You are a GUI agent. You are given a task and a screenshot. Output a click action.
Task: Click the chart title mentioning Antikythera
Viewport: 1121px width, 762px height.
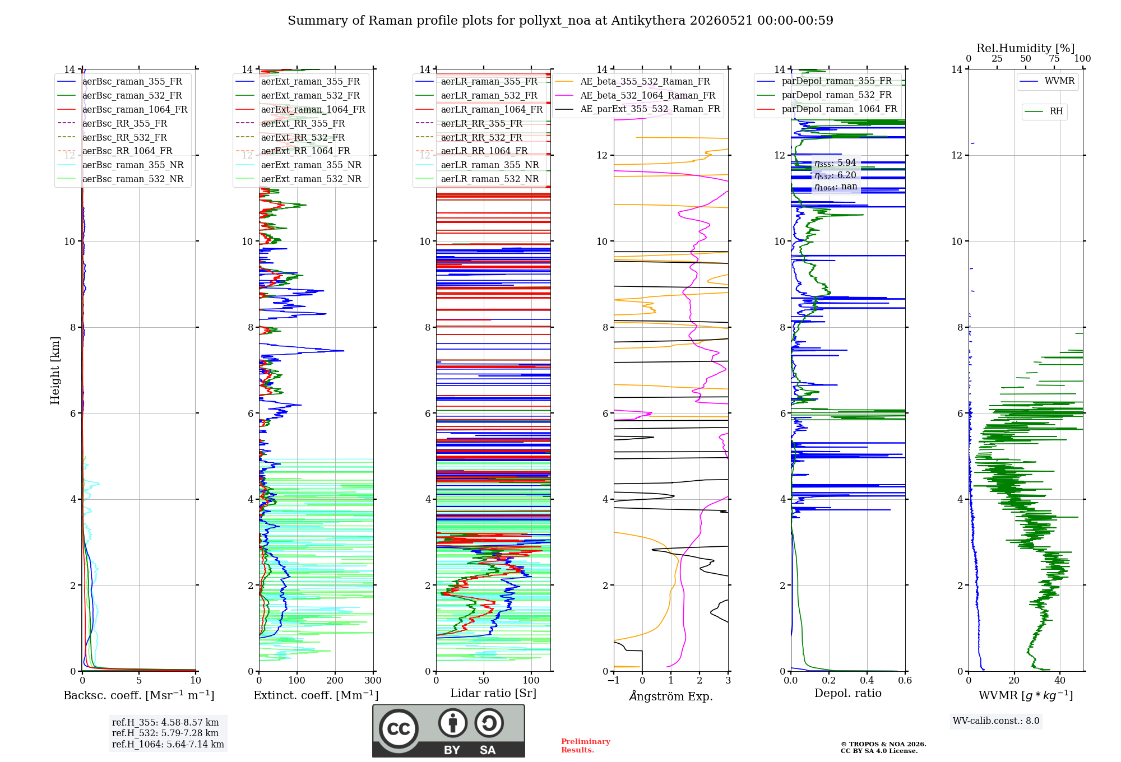coord(560,21)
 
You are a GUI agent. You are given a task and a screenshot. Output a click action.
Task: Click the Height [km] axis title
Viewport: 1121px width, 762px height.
coord(55,370)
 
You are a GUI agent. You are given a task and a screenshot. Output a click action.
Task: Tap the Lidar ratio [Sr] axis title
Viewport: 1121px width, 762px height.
coord(493,693)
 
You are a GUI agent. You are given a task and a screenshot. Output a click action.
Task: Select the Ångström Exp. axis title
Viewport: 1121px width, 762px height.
coord(671,696)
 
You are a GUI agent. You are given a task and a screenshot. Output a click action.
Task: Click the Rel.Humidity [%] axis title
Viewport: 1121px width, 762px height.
coord(1026,48)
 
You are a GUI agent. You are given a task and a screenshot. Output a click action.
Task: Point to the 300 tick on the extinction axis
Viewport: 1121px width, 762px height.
coord(373,681)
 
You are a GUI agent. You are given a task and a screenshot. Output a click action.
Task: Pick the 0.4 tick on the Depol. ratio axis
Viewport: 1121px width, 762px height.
coord(867,681)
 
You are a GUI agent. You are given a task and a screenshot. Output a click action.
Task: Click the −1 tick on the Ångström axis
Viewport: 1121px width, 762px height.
coord(613,681)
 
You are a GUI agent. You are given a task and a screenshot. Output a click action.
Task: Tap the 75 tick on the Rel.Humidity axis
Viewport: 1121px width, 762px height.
coord(1054,58)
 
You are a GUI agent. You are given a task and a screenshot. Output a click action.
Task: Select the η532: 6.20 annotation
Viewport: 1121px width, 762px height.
coord(835,175)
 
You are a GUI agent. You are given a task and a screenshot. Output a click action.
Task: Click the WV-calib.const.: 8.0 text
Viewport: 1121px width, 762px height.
coord(996,721)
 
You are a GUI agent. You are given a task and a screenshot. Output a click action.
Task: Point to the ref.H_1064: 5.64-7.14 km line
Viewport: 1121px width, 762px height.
coord(168,745)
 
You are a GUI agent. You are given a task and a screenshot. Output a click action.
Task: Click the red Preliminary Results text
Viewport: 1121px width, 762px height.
coord(586,746)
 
